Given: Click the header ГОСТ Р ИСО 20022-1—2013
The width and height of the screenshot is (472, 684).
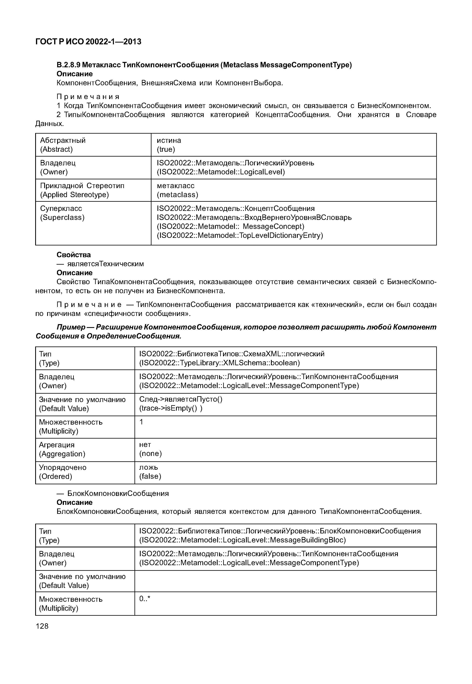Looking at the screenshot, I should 88,42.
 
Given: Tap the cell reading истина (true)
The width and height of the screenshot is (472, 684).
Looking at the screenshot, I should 169,145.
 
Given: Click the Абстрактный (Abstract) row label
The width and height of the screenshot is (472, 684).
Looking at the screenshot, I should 63,145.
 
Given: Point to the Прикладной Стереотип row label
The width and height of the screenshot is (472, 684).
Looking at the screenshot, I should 82,186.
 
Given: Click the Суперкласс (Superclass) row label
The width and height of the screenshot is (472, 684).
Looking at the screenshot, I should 62,213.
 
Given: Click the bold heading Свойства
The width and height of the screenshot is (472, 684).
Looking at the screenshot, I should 74,255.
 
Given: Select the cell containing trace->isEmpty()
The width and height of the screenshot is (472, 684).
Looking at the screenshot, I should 171,409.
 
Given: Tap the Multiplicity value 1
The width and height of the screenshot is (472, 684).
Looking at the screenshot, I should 141,422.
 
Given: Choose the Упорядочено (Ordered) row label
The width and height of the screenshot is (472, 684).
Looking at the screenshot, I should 63,472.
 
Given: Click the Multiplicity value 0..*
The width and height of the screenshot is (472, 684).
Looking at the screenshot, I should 145,599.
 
